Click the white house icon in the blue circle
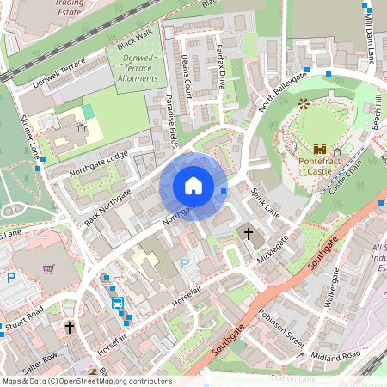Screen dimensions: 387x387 (x=193, y=186)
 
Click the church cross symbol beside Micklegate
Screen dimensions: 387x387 (x=249, y=233)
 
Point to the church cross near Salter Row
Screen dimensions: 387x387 (x=70, y=328)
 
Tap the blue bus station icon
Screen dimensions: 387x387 (x=117, y=303)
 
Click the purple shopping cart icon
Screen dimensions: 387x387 (x=48, y=270)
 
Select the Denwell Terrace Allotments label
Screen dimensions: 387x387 (x=136, y=68)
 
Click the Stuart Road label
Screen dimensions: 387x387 (x=24, y=327)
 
